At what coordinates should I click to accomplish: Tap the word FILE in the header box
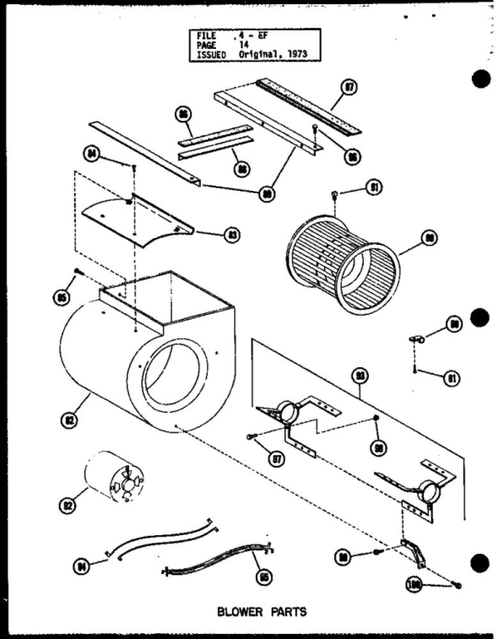click(x=205, y=35)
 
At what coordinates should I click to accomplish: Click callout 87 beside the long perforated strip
click(x=349, y=86)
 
